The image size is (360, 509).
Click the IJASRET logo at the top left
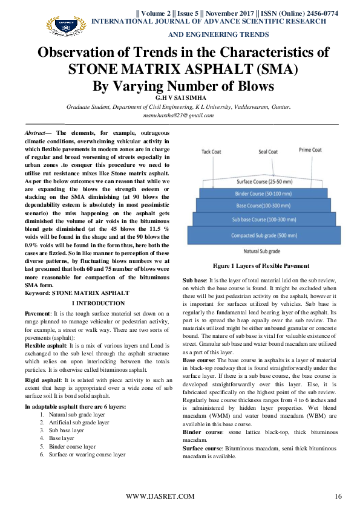click(x=66, y=25)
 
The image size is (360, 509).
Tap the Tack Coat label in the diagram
click(x=211, y=152)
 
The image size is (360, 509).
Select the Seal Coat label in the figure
click(x=268, y=152)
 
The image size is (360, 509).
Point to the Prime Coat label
click(x=310, y=150)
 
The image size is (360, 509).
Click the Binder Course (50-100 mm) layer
click(x=264, y=193)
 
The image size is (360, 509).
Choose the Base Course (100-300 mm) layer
click(x=264, y=206)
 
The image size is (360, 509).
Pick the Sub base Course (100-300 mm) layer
click(x=264, y=219)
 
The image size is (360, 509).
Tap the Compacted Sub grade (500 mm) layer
click(x=264, y=235)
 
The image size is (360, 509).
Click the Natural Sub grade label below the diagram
click(x=262, y=251)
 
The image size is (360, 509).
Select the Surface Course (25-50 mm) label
click(x=264, y=182)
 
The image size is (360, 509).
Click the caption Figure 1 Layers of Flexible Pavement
click(x=261, y=266)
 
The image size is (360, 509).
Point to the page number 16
click(x=338, y=496)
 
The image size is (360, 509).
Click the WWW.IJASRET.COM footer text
click(x=160, y=496)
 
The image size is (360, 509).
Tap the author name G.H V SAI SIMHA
click(x=181, y=98)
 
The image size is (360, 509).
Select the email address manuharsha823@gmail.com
click(x=178, y=115)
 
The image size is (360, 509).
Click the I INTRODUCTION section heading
click(x=99, y=303)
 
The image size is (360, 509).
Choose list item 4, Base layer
click(x=61, y=438)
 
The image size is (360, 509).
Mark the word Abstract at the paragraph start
click(x=35, y=133)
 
